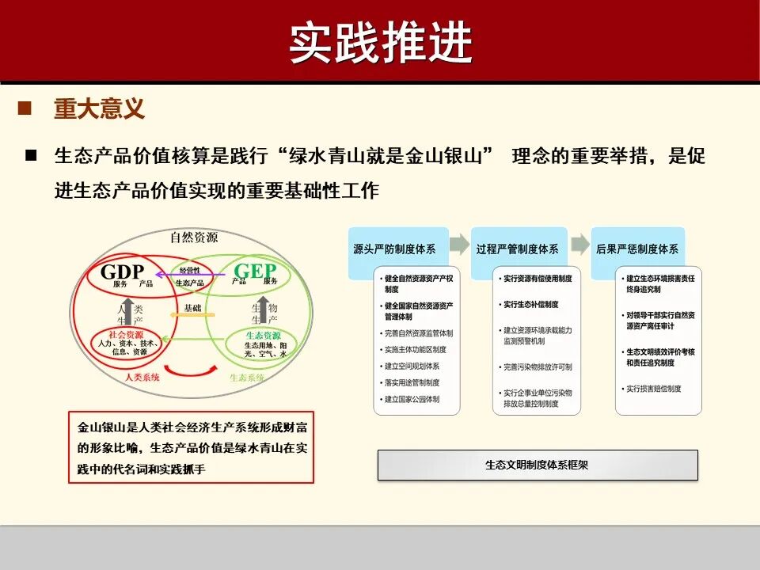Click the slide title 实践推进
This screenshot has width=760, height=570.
pyautogui.click(x=380, y=42)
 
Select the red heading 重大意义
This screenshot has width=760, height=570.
pyautogui.click(x=99, y=108)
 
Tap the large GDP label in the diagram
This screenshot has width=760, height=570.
pyautogui.click(x=123, y=272)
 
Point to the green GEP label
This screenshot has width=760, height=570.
pyautogui.click(x=255, y=272)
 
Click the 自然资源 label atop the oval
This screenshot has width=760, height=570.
pyautogui.click(x=194, y=237)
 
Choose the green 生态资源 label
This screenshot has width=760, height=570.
pyautogui.click(x=260, y=335)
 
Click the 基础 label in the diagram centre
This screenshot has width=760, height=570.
pyautogui.click(x=192, y=308)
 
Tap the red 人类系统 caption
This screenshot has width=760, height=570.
pyautogui.click(x=142, y=378)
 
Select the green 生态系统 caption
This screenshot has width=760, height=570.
pyautogui.click(x=247, y=378)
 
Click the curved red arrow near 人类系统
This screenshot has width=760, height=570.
pyautogui.click(x=189, y=370)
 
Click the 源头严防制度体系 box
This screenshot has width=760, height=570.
pyautogui.click(x=394, y=249)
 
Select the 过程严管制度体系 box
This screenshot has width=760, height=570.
pyautogui.click(x=517, y=249)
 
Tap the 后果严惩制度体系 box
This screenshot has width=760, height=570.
pyautogui.click(x=637, y=249)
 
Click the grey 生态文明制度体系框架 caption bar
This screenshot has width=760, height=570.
pyautogui.click(x=538, y=465)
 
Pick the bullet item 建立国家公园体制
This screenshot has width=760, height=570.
pyautogui.click(x=412, y=399)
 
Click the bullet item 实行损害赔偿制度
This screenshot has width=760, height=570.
pyautogui.click(x=654, y=389)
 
